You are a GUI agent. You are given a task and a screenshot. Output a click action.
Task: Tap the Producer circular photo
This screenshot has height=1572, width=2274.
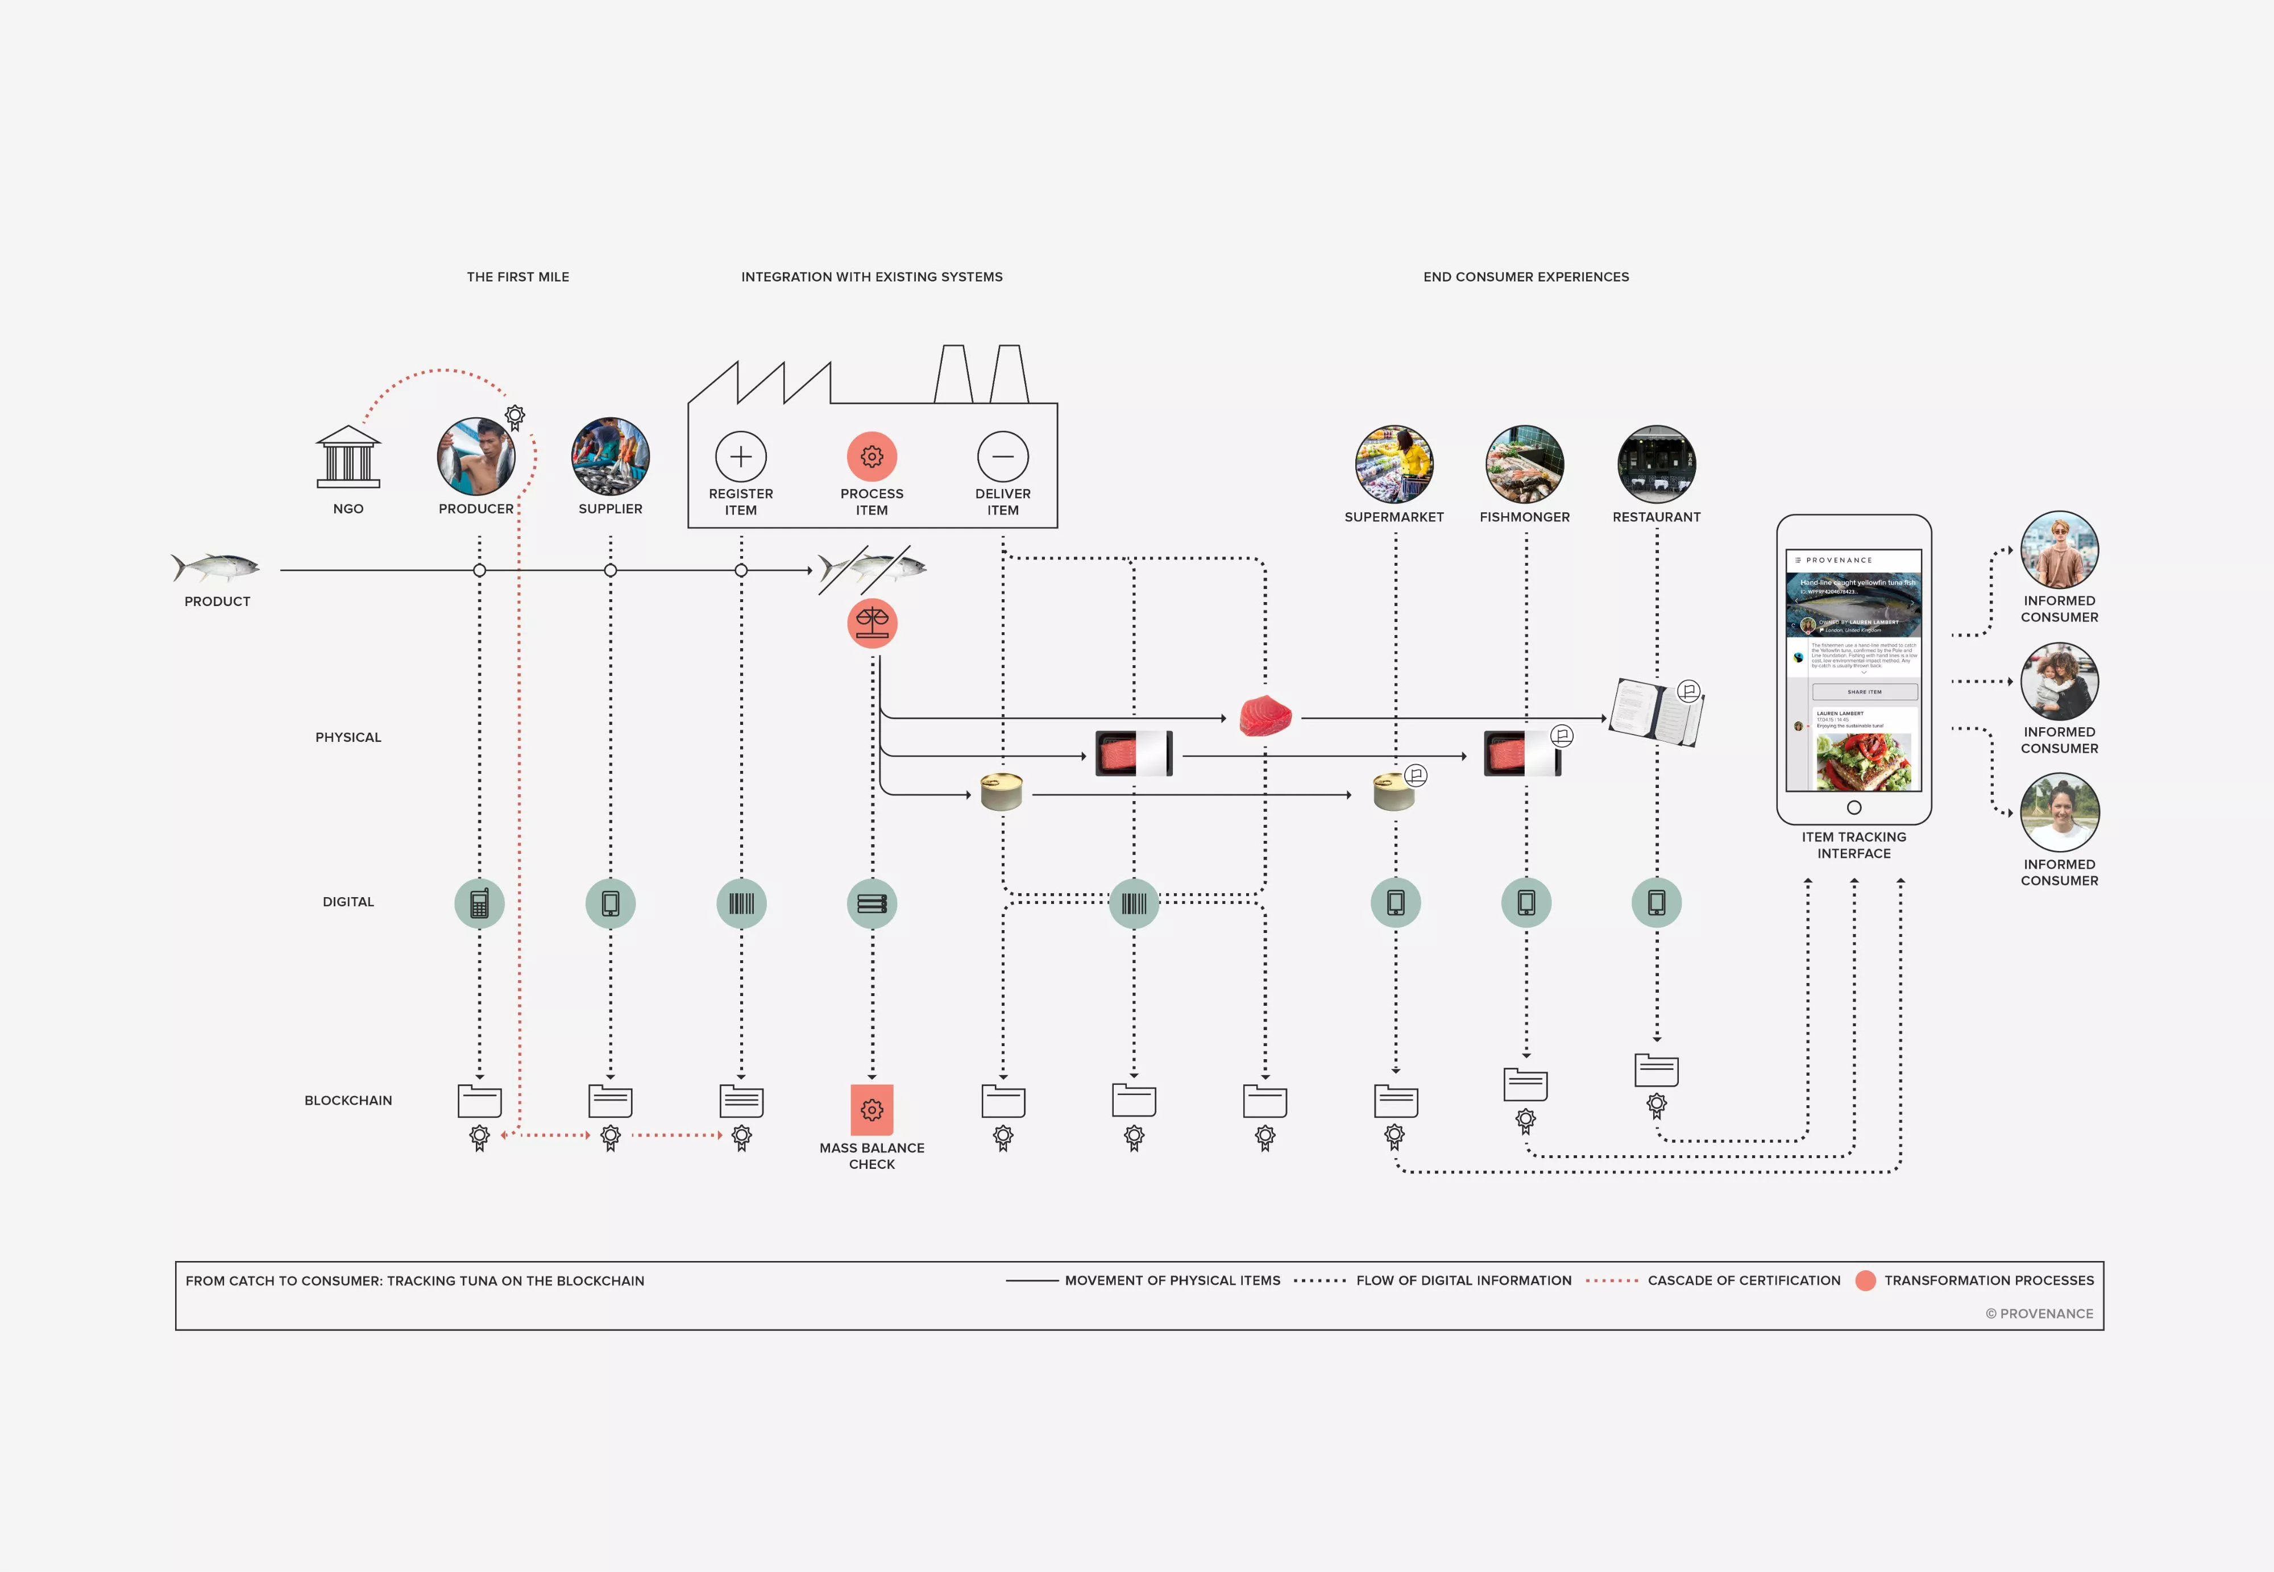click(x=476, y=456)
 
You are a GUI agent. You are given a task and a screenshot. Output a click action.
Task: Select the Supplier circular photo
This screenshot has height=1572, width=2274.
click(x=611, y=456)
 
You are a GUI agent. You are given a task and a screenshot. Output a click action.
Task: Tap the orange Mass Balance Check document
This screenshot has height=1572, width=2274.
click(x=872, y=1110)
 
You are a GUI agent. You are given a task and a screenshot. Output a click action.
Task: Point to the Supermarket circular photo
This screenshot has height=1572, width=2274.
click(x=1393, y=465)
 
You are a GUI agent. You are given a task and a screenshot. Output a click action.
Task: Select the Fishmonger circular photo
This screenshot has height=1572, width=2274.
click(x=1525, y=465)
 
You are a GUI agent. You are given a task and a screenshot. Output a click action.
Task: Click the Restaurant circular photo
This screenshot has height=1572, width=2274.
click(x=1657, y=465)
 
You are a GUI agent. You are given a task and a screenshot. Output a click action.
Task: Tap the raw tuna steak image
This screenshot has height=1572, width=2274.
click(x=1264, y=716)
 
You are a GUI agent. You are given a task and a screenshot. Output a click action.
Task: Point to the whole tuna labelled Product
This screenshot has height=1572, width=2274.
click(x=217, y=567)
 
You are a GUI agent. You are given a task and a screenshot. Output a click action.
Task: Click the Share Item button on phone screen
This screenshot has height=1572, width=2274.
click(x=1864, y=691)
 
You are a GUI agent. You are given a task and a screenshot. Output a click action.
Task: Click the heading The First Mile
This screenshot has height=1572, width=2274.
click(x=518, y=277)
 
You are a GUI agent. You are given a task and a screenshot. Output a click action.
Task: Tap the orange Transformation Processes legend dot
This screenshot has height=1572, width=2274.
click(x=1864, y=1280)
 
